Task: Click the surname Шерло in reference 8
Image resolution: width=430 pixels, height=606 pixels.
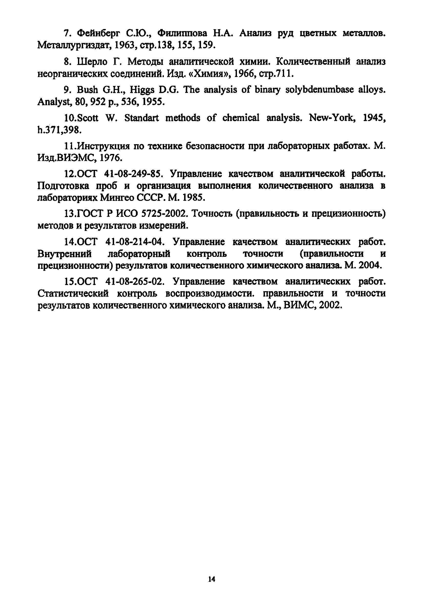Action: pyautogui.click(x=92, y=62)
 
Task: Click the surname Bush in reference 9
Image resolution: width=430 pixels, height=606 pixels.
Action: pyautogui.click(x=87, y=90)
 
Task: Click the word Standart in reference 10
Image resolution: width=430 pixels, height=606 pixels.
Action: pyautogui.click(x=141, y=118)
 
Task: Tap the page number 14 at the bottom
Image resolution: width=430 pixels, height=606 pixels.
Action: pyautogui.click(x=212, y=579)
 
